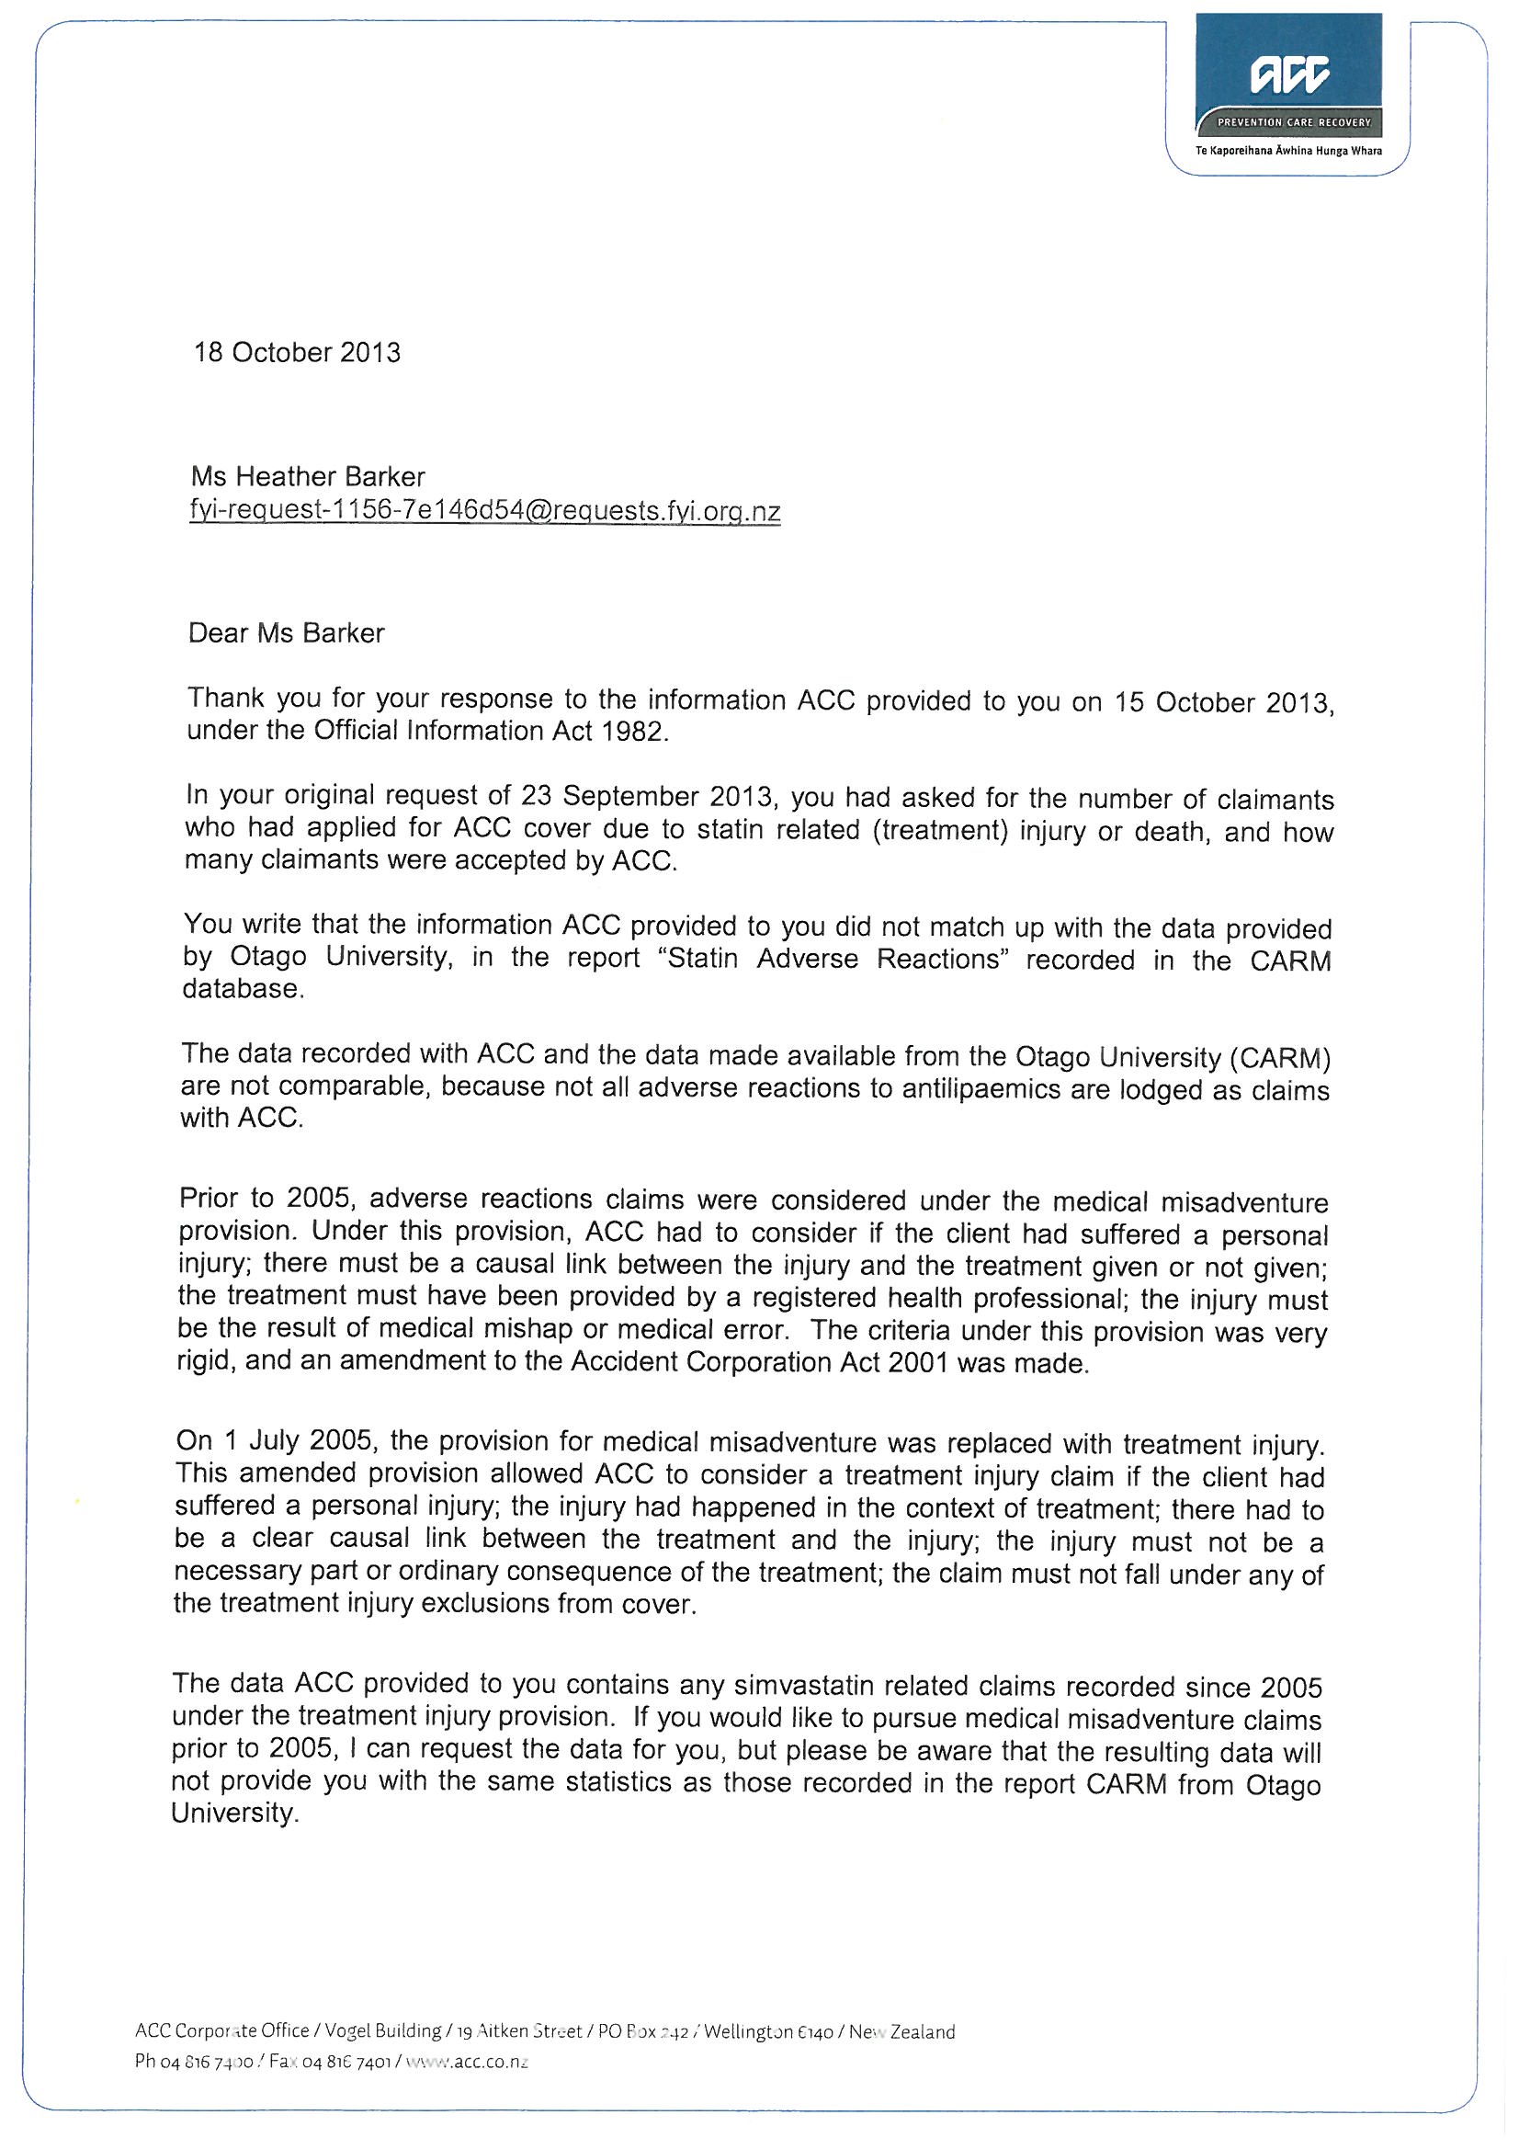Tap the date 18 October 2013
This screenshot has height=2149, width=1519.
[297, 353]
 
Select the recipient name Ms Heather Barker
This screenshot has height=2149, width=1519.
[308, 477]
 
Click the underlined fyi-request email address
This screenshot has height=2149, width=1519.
[485, 511]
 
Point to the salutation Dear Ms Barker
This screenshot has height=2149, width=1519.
[287, 633]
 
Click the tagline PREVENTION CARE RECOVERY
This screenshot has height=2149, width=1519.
[1293, 122]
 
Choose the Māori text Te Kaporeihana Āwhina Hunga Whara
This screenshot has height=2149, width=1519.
[1288, 151]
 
